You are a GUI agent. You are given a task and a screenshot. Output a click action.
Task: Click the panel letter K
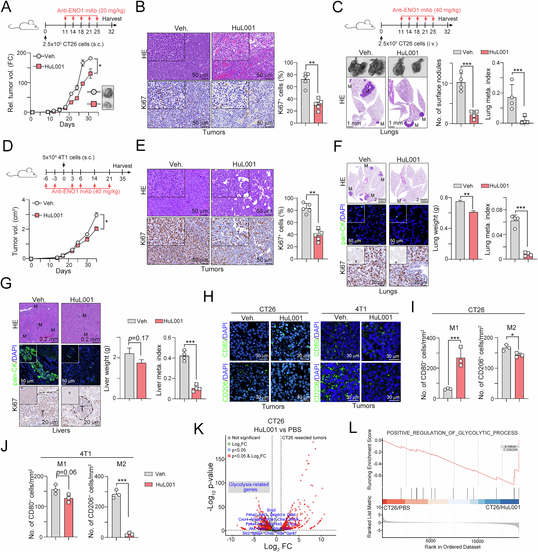point(199,429)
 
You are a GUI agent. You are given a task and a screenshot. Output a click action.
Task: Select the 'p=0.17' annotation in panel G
point(138,338)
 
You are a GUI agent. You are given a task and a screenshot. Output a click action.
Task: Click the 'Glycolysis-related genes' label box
point(249,487)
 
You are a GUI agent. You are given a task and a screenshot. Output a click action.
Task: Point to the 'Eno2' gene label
point(271,510)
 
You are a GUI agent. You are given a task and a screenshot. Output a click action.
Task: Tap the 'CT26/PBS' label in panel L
point(396,507)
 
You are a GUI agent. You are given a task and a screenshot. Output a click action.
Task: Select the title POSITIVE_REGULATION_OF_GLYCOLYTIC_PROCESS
point(452,433)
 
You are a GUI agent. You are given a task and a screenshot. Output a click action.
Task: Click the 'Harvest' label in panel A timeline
point(112,19)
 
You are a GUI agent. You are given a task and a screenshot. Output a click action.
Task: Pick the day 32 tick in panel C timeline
point(447,32)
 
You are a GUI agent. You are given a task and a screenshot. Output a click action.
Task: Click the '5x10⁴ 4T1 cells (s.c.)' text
point(68,157)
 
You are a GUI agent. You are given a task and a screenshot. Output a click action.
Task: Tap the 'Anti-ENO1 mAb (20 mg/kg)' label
point(91,10)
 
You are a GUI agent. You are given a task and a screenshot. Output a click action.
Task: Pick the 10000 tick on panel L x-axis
point(477,541)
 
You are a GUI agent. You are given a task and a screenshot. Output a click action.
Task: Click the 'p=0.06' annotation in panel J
point(66,472)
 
